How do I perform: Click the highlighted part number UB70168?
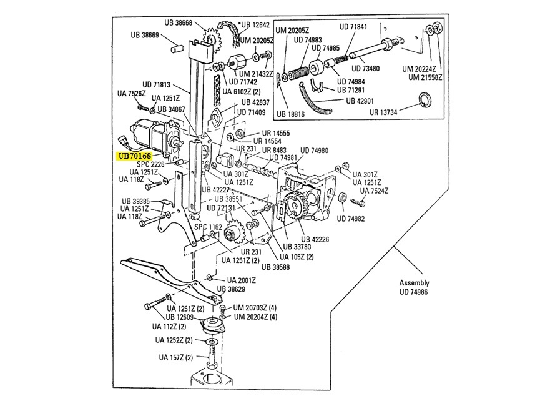[133, 156]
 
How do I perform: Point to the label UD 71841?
[353, 27]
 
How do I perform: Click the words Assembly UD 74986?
[415, 287]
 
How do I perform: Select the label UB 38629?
[231, 289]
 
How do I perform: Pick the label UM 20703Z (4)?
[255, 308]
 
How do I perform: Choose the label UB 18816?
[290, 113]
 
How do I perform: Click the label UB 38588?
[275, 267]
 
